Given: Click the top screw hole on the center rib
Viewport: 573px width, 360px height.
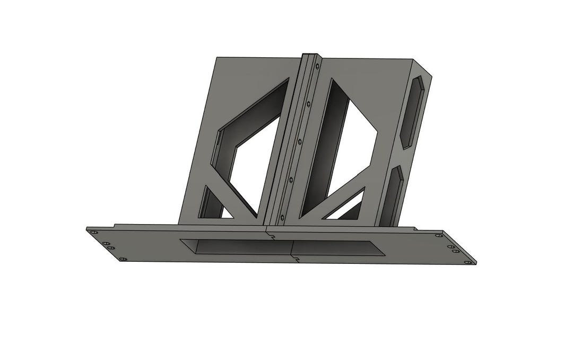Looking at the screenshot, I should coord(317,67).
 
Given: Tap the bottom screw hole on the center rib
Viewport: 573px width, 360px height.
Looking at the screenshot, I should coord(282,217).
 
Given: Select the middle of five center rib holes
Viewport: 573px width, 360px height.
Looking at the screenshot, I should coord(299,142).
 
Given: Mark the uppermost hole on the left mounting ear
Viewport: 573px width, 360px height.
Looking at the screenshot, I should coord(94,232).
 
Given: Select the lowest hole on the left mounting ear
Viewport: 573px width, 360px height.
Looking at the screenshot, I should coord(123,259).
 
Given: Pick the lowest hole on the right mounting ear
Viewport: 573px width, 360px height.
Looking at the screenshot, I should coord(467,262).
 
